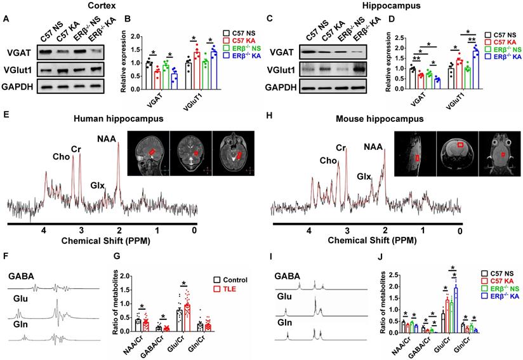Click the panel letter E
pyautogui.click(x=6, y=117)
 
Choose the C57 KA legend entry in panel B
pyautogui.click(x=244, y=40)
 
